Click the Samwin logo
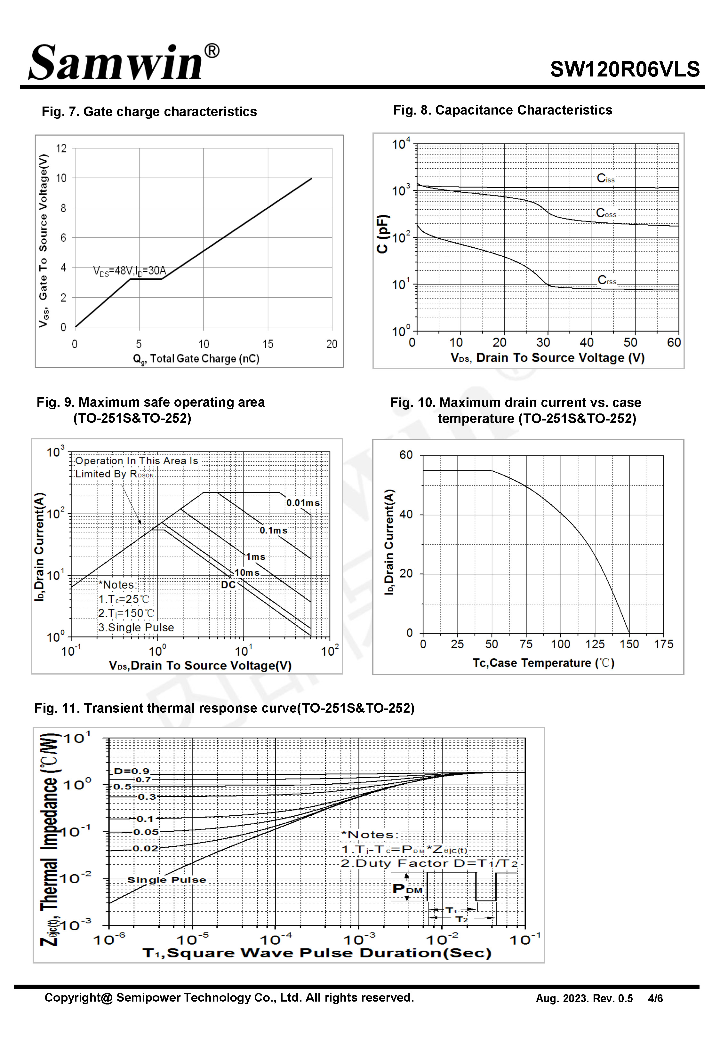[x=124, y=62]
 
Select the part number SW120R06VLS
[x=625, y=69]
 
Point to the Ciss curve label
[x=605, y=178]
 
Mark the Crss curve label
[x=607, y=280]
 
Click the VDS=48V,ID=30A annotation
[x=130, y=271]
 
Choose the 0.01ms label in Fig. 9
[x=303, y=502]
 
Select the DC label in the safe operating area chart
[x=228, y=585]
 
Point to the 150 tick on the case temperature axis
[x=629, y=644]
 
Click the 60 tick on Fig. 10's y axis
[x=406, y=455]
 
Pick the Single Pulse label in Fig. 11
[x=166, y=880]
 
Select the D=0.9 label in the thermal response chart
[x=131, y=771]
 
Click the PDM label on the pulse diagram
[x=407, y=889]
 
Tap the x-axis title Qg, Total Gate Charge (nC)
[x=196, y=359]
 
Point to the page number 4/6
[x=655, y=998]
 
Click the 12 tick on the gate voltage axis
[x=61, y=148]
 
